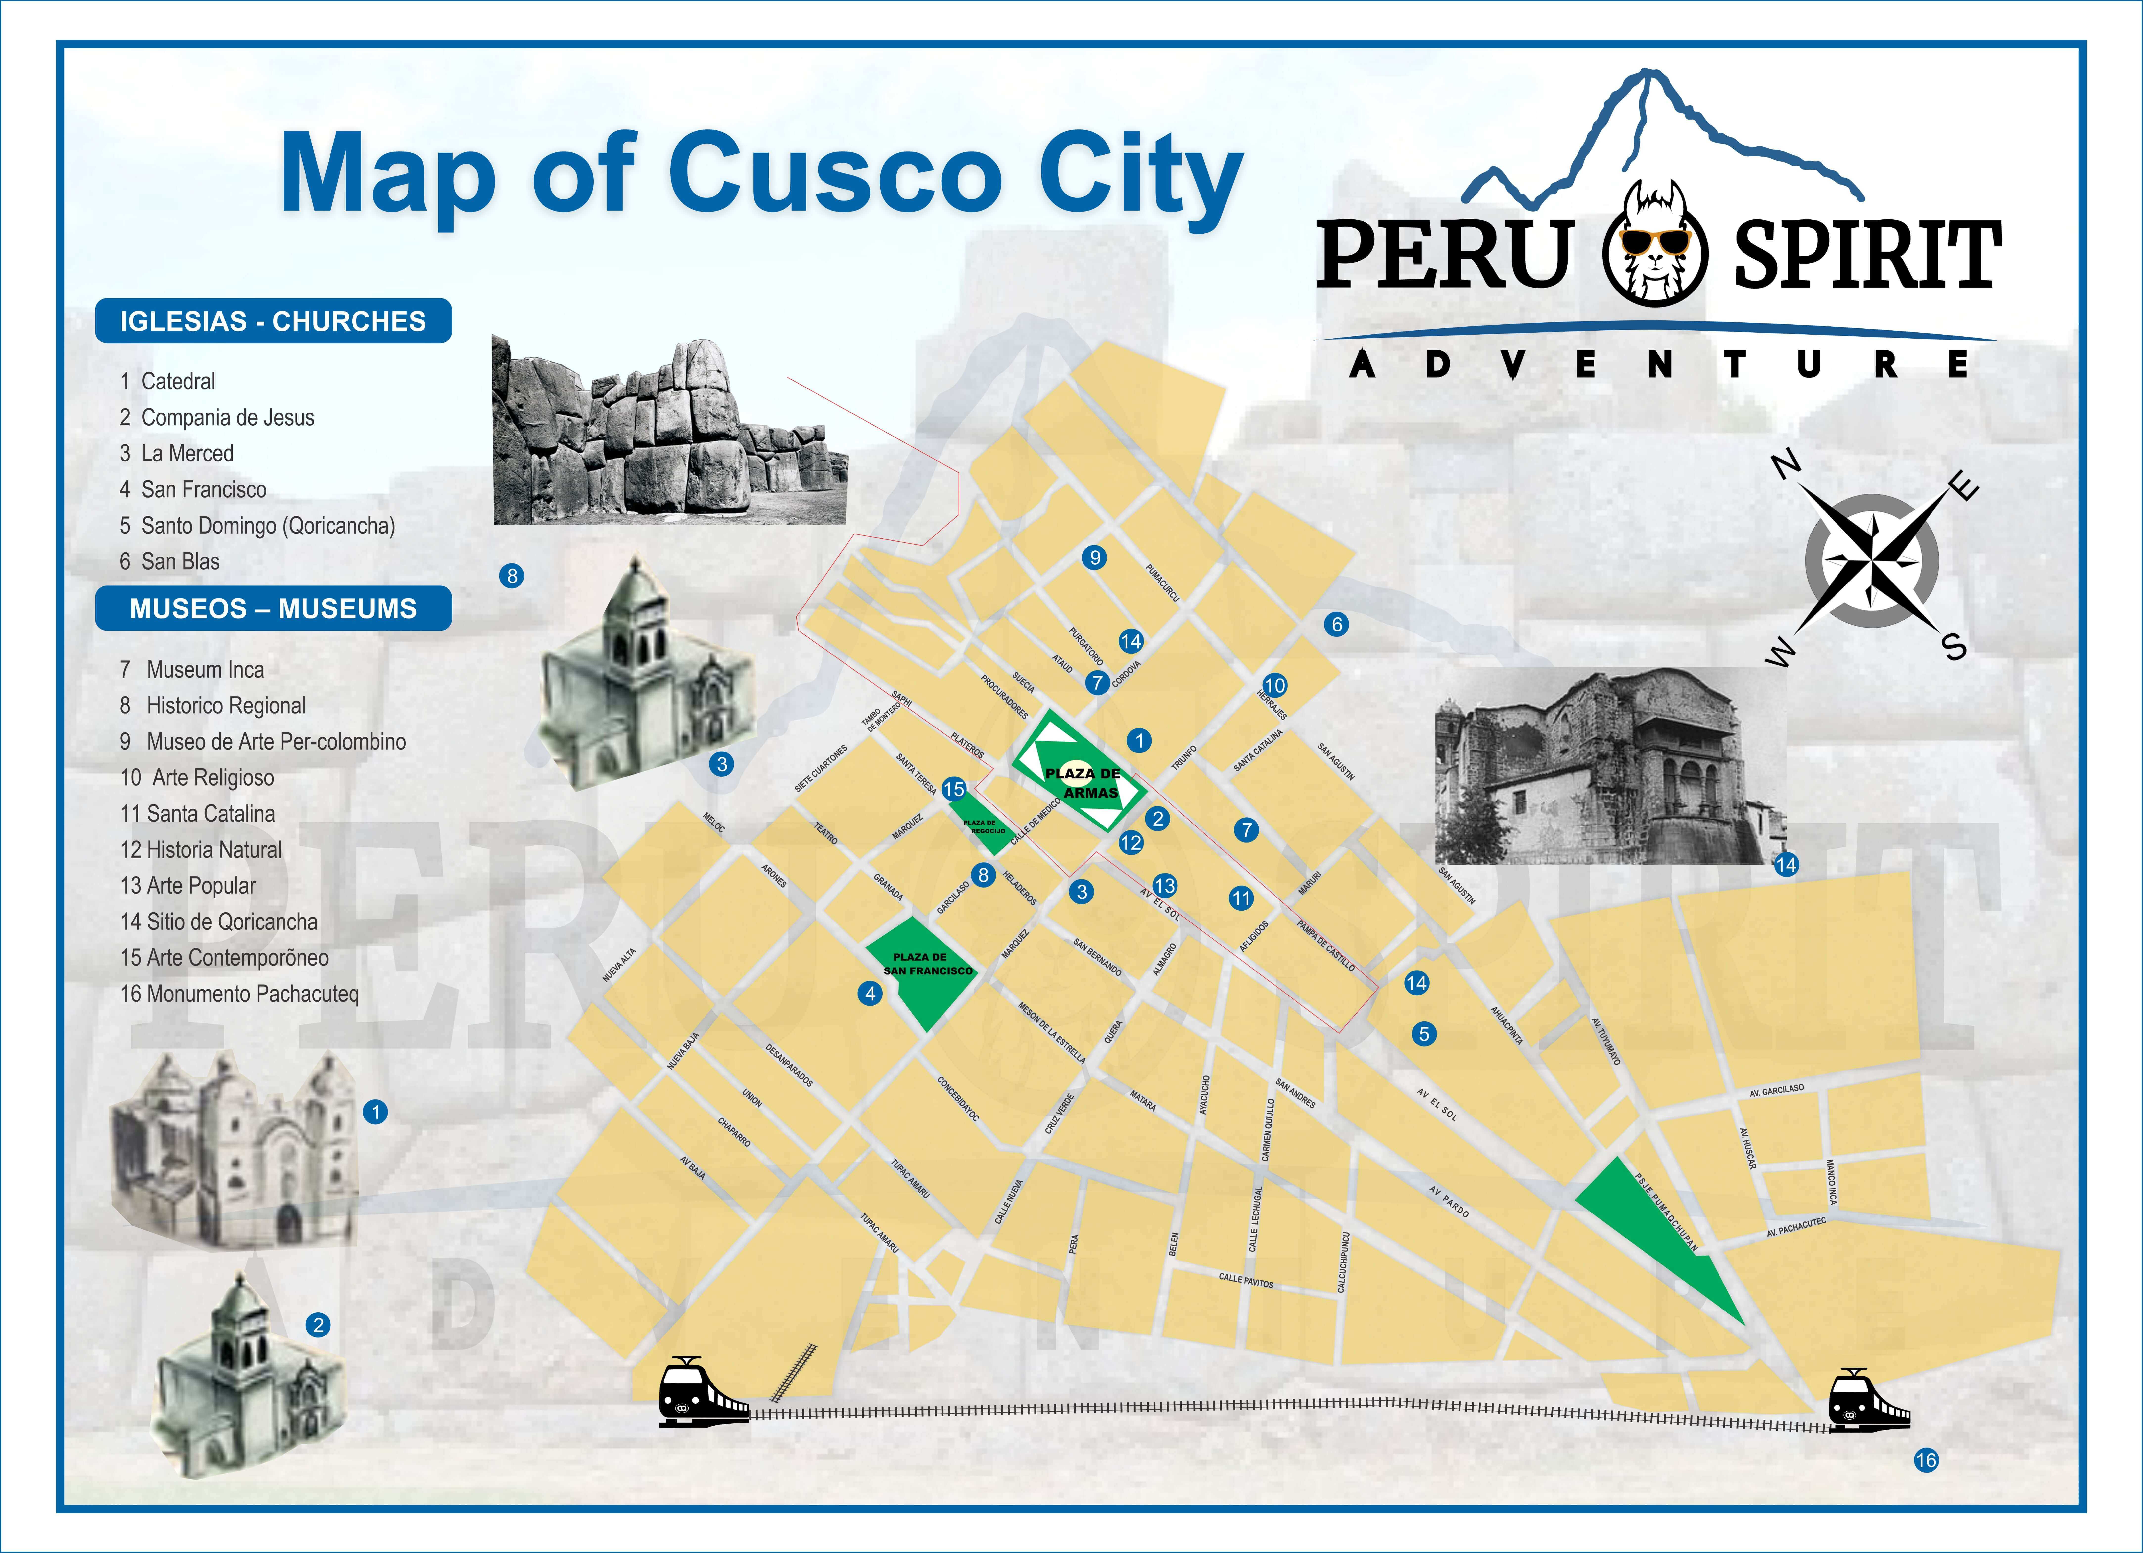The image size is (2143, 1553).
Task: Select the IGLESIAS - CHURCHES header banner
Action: (x=273, y=321)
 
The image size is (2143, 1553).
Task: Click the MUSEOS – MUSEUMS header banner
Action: (x=273, y=609)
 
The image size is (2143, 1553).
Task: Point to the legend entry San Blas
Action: (x=180, y=561)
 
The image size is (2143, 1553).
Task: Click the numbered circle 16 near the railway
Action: (x=1926, y=1460)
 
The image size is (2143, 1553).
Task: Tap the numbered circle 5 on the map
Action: (x=1424, y=1034)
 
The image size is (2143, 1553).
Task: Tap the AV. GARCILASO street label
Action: (x=1776, y=1090)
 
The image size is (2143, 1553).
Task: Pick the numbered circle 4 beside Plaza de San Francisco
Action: (x=870, y=994)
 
